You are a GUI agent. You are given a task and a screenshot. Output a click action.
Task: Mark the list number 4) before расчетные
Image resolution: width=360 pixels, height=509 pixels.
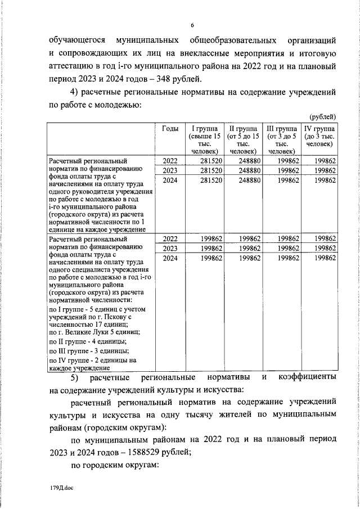[x=74, y=92]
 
